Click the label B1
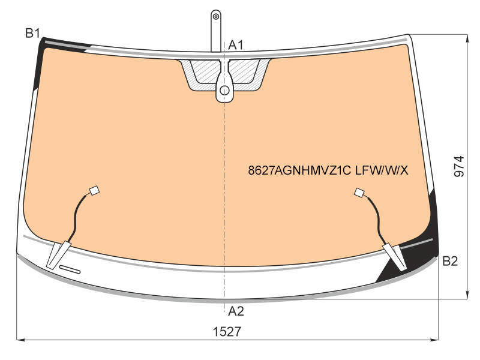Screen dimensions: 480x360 33,33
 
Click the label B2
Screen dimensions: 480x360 449,261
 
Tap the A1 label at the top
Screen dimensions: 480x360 236,46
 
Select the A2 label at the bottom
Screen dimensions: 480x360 236,311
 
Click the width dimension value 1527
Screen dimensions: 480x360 227,332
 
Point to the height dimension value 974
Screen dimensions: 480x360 459,167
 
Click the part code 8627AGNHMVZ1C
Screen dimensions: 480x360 299,170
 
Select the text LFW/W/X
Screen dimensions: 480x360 382,170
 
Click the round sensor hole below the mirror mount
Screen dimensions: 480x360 224,91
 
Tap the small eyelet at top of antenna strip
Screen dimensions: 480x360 216,16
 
